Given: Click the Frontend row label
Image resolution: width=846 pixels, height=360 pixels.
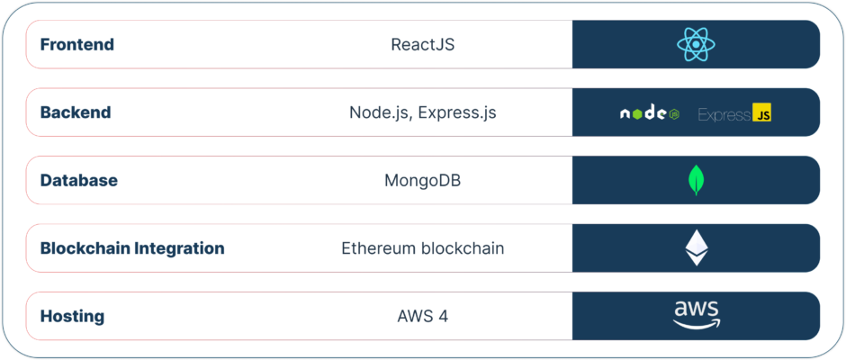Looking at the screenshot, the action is [x=77, y=44].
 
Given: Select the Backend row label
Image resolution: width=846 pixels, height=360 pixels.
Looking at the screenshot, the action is [x=76, y=112].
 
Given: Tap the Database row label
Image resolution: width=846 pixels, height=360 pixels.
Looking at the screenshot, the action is [x=79, y=180].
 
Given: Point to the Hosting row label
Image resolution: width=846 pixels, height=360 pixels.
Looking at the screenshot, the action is [x=72, y=316].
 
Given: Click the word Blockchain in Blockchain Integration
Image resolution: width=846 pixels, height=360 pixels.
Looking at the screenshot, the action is [x=85, y=248].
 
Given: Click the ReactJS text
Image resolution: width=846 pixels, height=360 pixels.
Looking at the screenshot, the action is [x=423, y=44].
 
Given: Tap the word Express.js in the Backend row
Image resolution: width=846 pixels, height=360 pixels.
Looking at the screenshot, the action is [x=457, y=112].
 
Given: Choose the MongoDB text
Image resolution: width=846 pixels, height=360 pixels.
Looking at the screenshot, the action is [x=422, y=180].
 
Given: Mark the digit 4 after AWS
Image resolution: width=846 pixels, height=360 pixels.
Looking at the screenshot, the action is [x=443, y=316].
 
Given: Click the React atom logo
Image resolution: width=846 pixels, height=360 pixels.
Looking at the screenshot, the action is [x=696, y=44].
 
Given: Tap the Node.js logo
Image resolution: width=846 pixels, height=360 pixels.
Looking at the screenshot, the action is [x=649, y=113].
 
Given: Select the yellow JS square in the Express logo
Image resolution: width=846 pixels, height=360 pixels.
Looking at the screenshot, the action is [x=761, y=112].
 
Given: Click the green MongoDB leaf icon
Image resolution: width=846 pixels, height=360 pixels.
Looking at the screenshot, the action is [x=696, y=181].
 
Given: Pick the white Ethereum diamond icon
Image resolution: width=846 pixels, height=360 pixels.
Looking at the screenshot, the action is [x=697, y=247].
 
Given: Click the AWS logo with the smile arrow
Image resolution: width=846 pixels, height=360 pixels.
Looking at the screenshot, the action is [x=696, y=315].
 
